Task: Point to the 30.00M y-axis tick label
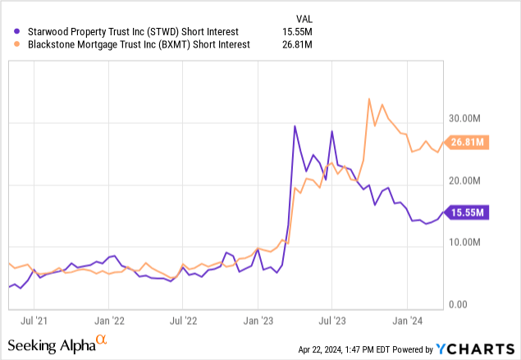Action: click(467, 117)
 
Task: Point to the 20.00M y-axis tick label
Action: click(467, 180)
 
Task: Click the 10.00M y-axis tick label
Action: click(467, 242)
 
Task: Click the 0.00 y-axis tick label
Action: click(459, 304)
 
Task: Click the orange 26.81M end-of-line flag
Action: click(468, 142)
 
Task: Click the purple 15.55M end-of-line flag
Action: click(468, 212)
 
